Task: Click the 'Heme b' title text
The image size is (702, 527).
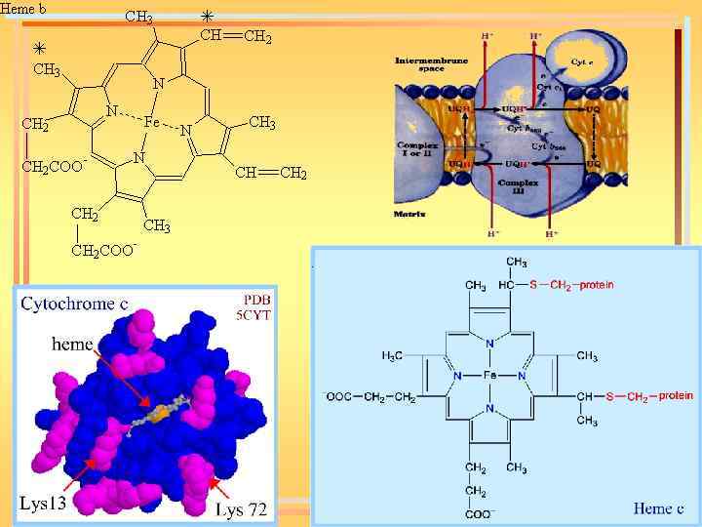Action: coord(24,9)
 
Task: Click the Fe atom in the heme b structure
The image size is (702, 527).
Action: coord(151,123)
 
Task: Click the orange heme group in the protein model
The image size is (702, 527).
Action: coord(161,415)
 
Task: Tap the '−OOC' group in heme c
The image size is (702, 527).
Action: coord(336,397)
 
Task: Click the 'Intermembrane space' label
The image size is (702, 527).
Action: coord(422,65)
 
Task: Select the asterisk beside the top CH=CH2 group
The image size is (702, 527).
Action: coord(206,17)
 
